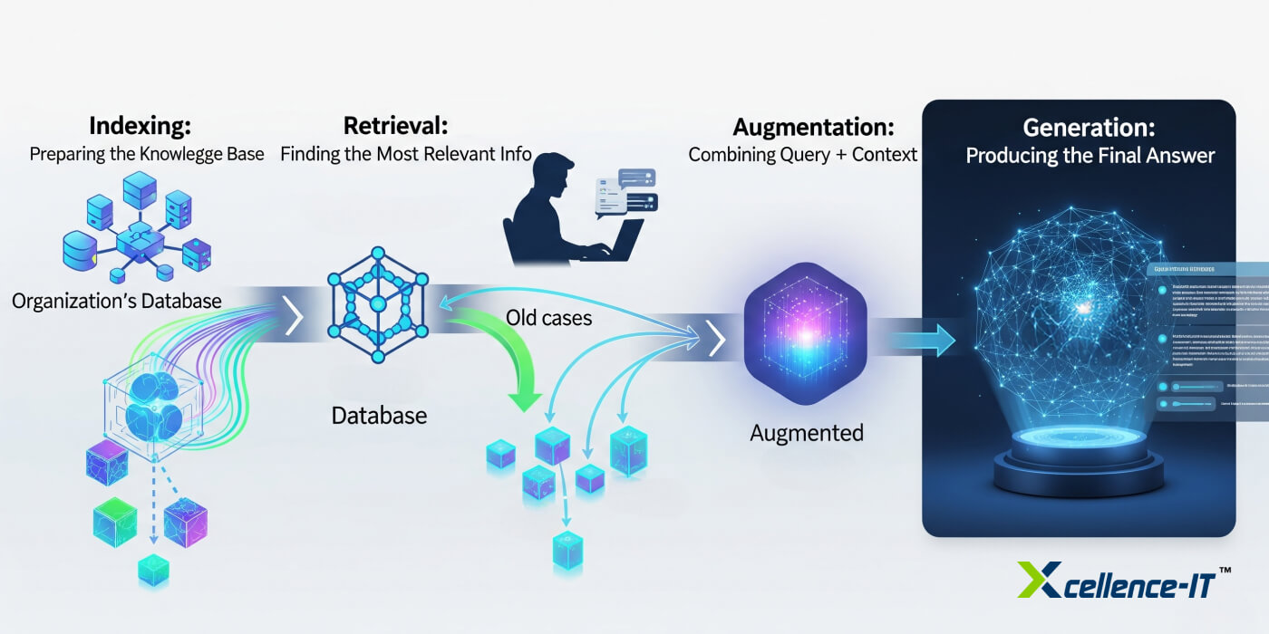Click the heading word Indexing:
[x=140, y=125]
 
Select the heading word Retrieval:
[x=395, y=125]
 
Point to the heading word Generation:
[x=1089, y=128]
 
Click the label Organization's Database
[x=117, y=301]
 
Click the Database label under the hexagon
[x=379, y=416]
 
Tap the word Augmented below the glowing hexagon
[x=807, y=433]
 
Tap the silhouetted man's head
[x=553, y=175]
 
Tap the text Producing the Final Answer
[x=1090, y=156]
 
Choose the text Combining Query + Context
[x=803, y=155]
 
